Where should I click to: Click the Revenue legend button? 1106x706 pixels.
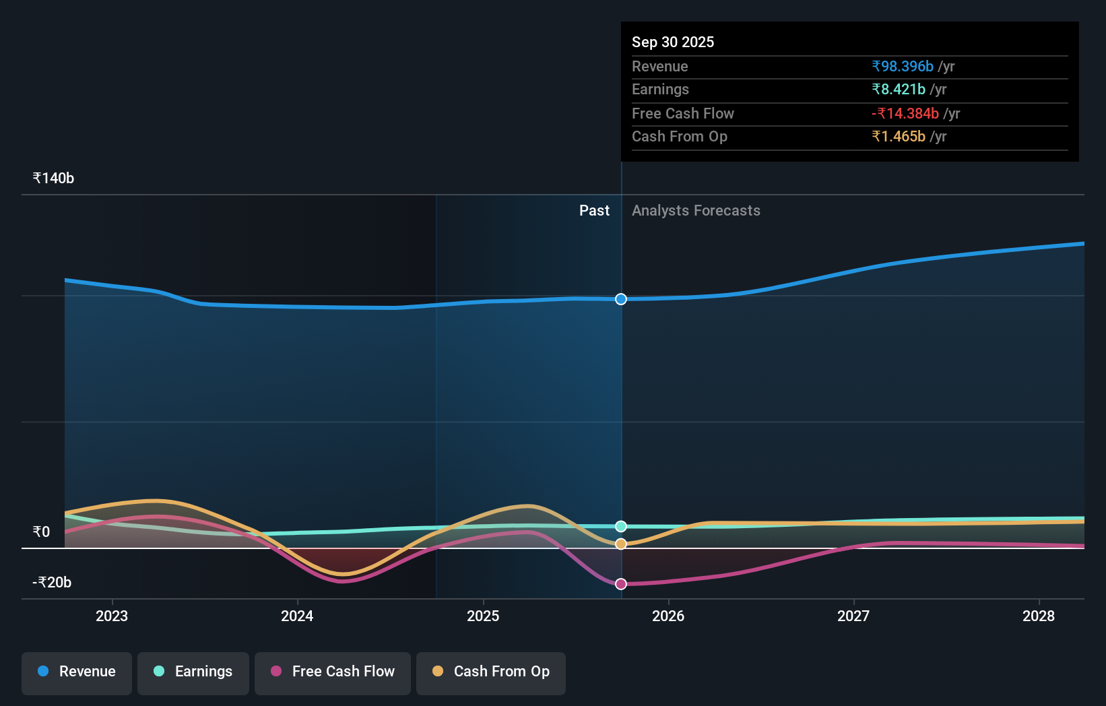pyautogui.click(x=77, y=672)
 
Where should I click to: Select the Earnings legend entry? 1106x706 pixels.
pyautogui.click(x=193, y=672)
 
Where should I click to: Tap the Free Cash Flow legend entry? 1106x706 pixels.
pyautogui.click(x=333, y=672)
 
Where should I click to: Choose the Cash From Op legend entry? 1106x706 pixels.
pyautogui.click(x=491, y=672)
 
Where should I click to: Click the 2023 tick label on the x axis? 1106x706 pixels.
pyautogui.click(x=112, y=616)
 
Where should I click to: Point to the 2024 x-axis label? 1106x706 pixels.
pyautogui.click(x=297, y=616)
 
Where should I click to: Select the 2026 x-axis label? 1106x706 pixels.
pyautogui.click(x=668, y=616)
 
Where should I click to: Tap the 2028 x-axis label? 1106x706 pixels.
pyautogui.click(x=1039, y=616)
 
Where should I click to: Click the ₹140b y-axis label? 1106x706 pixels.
pyautogui.click(x=53, y=179)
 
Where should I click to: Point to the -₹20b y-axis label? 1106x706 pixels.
pyautogui.click(x=52, y=583)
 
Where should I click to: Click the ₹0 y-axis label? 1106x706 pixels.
pyautogui.click(x=41, y=532)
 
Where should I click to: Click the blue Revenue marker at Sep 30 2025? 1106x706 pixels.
pyautogui.click(x=621, y=299)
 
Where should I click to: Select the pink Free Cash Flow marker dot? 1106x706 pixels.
pyautogui.click(x=621, y=584)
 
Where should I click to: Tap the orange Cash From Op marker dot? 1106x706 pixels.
pyautogui.click(x=621, y=544)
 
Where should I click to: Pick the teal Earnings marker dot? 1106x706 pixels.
pyautogui.click(x=621, y=526)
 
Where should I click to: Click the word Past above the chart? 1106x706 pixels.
pyautogui.click(x=594, y=211)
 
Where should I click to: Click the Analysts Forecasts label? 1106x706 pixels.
pyautogui.click(x=696, y=211)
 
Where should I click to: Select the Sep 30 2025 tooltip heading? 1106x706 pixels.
pyautogui.click(x=673, y=42)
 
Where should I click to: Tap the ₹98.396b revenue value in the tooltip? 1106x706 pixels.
pyautogui.click(x=903, y=66)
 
